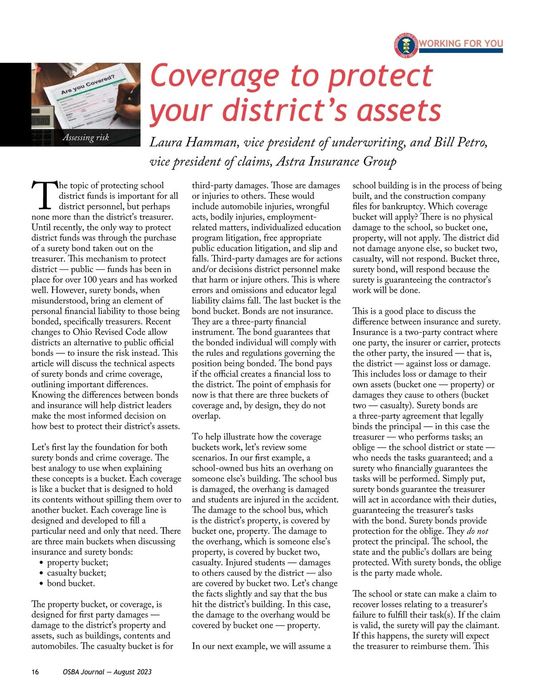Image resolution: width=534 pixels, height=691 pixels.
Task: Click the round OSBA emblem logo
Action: [x=405, y=45]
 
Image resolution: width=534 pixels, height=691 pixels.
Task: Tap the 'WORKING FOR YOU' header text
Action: [x=461, y=43]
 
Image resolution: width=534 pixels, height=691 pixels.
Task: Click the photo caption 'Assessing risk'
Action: [x=85, y=137]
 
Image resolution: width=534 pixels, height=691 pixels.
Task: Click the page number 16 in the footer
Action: [x=35, y=672]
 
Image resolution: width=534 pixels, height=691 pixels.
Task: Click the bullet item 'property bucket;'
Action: [x=77, y=562]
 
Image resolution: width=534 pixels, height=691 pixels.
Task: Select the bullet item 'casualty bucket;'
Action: [x=77, y=573]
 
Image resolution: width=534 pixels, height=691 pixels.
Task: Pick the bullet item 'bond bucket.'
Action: [x=71, y=583]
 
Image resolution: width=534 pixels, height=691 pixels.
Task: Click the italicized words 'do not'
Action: [x=477, y=531]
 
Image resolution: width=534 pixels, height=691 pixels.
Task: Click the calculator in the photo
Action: [x=42, y=129]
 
